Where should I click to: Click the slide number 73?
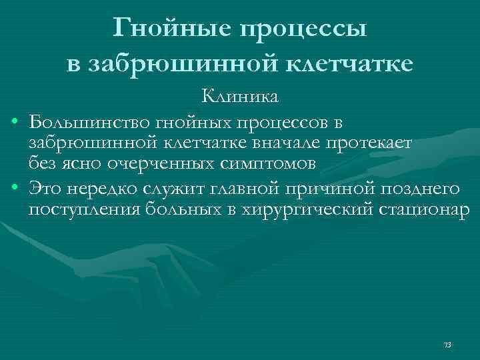point(447,345)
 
